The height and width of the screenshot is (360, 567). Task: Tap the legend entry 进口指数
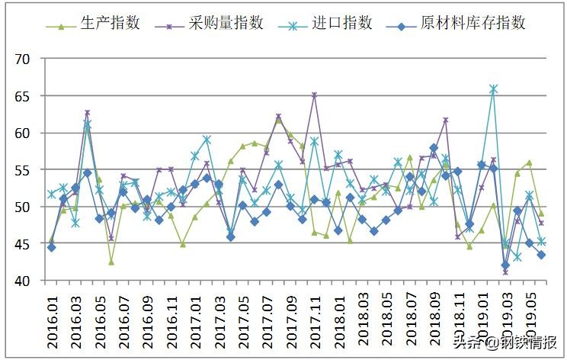(342, 24)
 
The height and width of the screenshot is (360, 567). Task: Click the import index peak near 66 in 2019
(493, 89)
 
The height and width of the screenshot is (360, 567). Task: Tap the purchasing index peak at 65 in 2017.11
(314, 95)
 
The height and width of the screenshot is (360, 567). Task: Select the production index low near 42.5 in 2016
(111, 262)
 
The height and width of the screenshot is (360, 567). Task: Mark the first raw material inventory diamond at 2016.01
(51, 247)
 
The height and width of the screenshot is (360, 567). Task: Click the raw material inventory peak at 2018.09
(434, 148)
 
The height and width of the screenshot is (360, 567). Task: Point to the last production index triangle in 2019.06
(541, 214)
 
